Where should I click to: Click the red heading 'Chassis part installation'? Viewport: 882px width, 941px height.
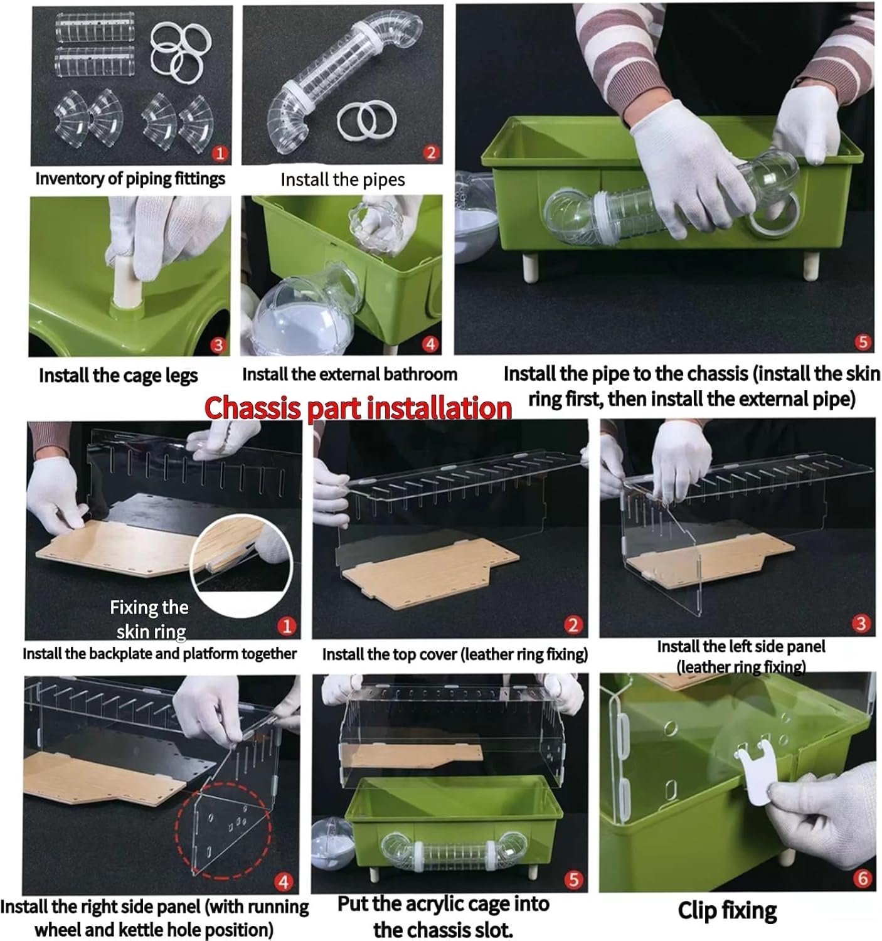pos(358,408)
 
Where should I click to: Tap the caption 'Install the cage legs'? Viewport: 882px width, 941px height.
pos(119,376)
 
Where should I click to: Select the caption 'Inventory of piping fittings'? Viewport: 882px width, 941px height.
pos(130,179)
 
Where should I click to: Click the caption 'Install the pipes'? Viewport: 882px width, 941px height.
pos(343,179)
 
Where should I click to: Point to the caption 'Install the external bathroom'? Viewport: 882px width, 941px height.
pos(350,375)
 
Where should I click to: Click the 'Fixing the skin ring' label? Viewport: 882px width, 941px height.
pos(150,619)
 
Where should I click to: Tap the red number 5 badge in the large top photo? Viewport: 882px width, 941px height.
pos(863,342)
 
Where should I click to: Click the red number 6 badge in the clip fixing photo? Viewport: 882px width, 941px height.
pos(863,878)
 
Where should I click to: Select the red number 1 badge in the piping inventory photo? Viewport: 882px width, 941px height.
pos(220,153)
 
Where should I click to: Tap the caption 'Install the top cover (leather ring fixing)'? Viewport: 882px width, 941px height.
pos(455,654)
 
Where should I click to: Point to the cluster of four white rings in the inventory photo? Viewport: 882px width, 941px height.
pos(178,51)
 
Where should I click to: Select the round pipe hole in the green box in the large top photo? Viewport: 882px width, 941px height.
pos(772,216)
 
